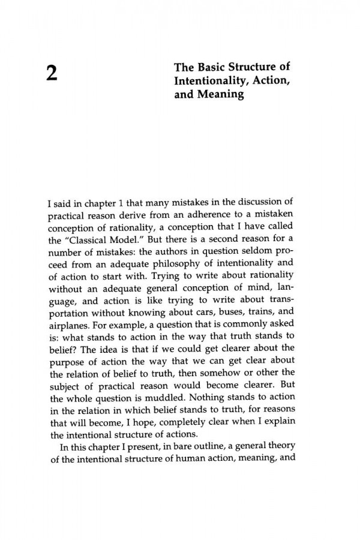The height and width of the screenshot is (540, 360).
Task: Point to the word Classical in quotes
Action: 84,221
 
